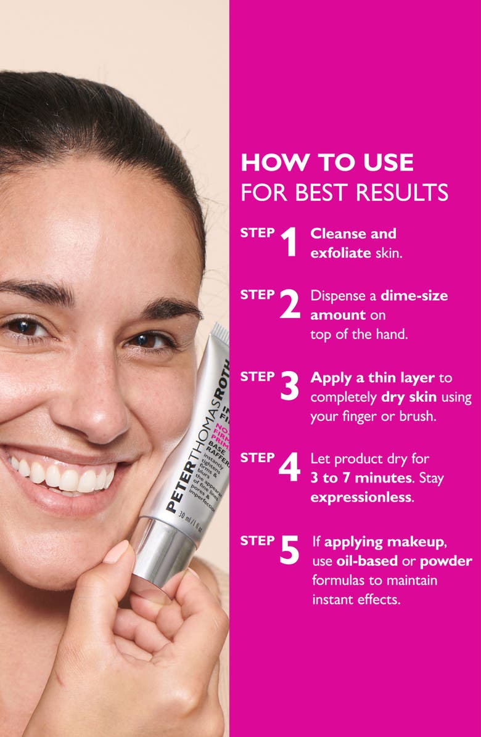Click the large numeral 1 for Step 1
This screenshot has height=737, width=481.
point(289,242)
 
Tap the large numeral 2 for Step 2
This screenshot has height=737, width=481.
point(290,304)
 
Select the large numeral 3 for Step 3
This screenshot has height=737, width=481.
point(290,386)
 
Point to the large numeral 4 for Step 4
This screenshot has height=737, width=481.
point(289,467)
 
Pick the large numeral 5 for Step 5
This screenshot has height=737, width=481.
point(289,550)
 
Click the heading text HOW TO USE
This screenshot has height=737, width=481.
point(327,163)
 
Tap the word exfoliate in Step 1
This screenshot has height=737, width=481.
point(340,253)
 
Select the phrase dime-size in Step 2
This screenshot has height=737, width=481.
point(414,295)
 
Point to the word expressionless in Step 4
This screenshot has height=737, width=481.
point(361,497)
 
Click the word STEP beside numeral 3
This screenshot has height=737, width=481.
point(257,377)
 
